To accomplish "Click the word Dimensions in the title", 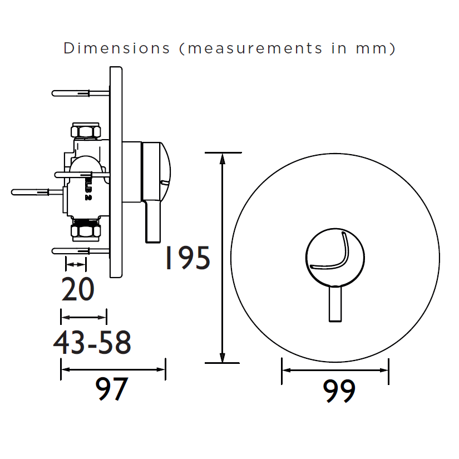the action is pos(116,48).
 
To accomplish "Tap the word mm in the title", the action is pos(372,48).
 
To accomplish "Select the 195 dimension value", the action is pos(187,258).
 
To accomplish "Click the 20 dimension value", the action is pos(78,289).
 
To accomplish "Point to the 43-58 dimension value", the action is pos(92,342).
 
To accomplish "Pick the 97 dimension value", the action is pos(111,389).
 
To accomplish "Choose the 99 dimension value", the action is pos(339,391).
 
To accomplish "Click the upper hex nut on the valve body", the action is pos(86,130).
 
